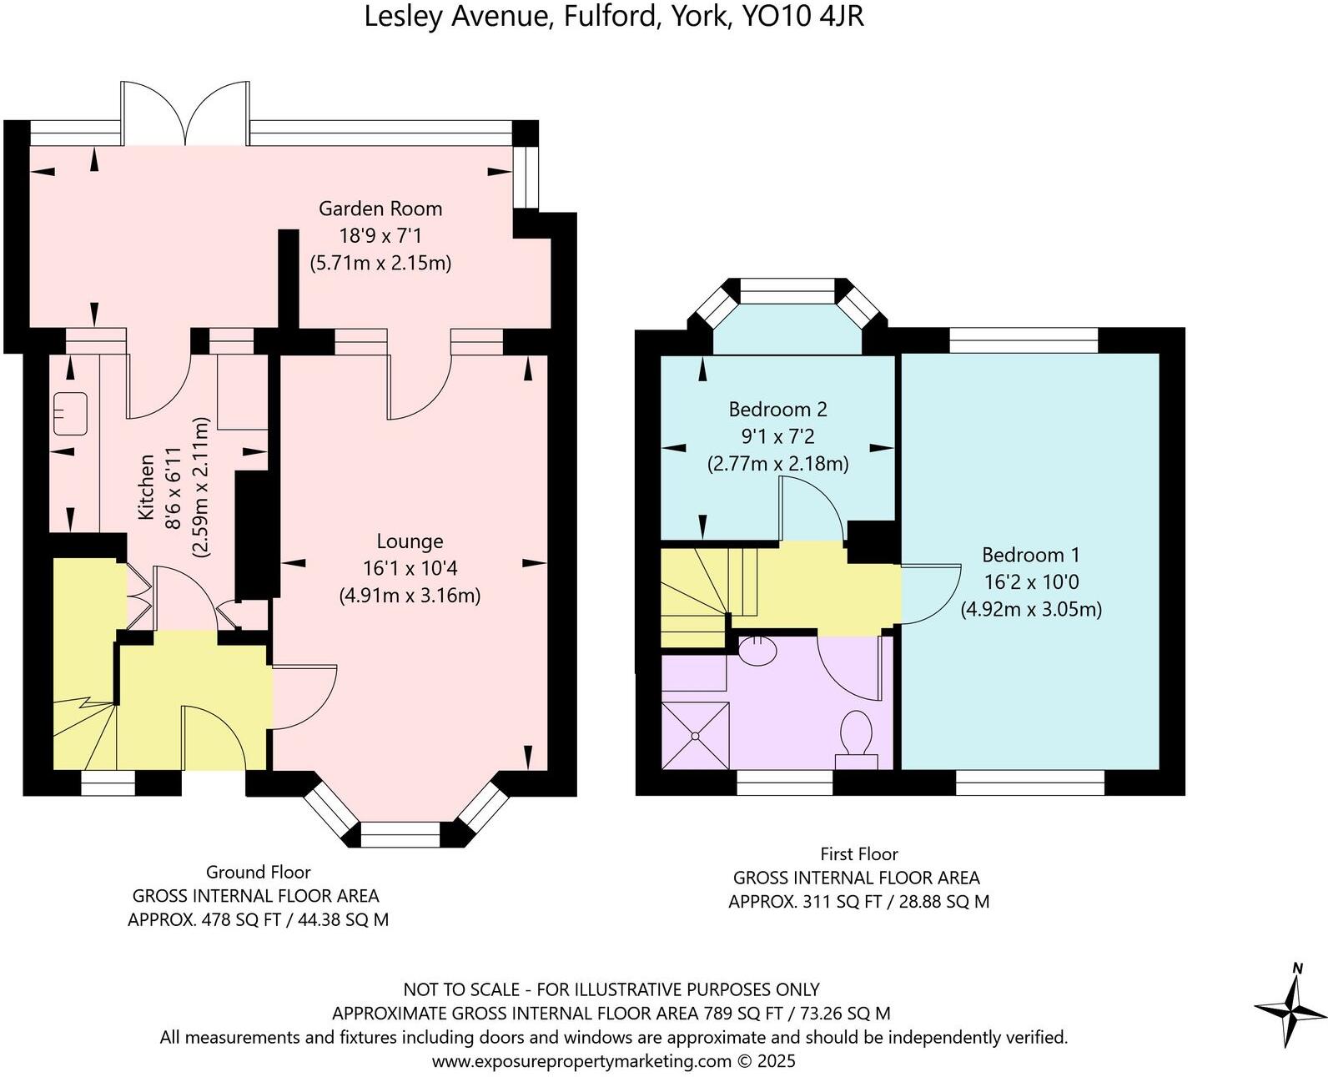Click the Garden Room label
380,209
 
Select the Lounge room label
410,541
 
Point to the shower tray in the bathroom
695,735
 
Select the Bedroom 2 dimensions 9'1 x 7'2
777,436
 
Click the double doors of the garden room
185,113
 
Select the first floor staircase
697,594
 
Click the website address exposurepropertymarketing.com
581,1061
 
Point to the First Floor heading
858,854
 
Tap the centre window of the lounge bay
400,835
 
